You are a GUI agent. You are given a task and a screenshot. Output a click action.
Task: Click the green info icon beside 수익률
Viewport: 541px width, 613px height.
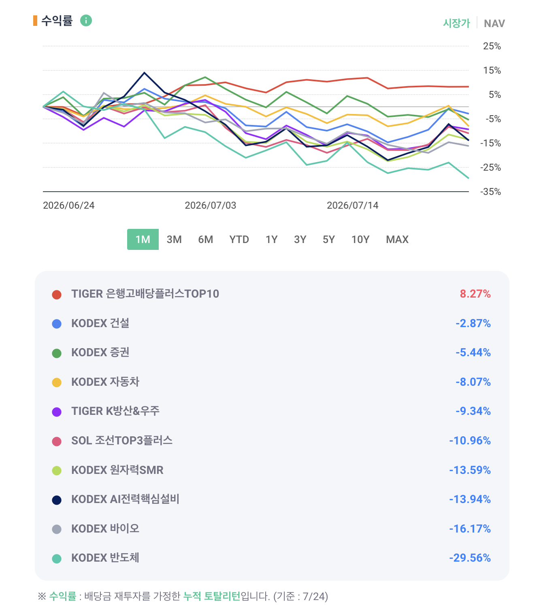[86, 21]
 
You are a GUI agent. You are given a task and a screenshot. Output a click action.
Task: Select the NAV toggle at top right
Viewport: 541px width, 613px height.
[494, 23]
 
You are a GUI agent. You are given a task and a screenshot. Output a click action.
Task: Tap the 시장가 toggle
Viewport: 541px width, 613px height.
[456, 23]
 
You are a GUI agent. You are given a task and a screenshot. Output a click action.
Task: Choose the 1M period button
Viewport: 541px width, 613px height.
[143, 239]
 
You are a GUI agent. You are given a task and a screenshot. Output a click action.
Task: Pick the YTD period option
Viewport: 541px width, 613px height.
[239, 239]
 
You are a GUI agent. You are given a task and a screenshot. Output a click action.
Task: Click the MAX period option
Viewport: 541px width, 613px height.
[397, 239]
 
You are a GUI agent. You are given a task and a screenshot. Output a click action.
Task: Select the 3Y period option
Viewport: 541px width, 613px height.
[300, 239]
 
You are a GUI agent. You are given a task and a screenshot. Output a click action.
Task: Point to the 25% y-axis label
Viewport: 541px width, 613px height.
[492, 46]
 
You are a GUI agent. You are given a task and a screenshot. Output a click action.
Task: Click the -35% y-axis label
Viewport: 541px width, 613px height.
[490, 192]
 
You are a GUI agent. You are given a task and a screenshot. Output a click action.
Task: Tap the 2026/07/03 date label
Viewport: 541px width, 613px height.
[210, 205]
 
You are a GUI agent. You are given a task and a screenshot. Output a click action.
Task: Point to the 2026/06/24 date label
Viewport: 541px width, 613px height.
[68, 205]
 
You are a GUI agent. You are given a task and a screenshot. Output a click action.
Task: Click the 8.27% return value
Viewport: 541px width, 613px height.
[475, 294]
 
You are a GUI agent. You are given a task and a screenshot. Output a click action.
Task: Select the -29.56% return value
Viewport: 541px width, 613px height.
[470, 558]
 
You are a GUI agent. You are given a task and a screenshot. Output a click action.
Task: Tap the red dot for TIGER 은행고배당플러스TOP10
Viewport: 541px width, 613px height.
[57, 294]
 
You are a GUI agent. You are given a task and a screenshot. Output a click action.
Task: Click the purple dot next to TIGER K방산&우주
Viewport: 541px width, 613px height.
[57, 412]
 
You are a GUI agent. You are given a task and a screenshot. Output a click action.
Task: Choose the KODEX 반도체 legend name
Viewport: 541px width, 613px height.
[105, 558]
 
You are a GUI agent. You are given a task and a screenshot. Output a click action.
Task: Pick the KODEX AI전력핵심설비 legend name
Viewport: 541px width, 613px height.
[125, 499]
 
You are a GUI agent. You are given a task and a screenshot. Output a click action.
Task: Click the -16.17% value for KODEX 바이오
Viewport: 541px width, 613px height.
[470, 528]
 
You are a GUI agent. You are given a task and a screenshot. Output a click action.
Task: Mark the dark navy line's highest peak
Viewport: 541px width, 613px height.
[144, 73]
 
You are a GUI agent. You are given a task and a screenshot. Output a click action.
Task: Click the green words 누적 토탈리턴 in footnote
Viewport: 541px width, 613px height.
[211, 596]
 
